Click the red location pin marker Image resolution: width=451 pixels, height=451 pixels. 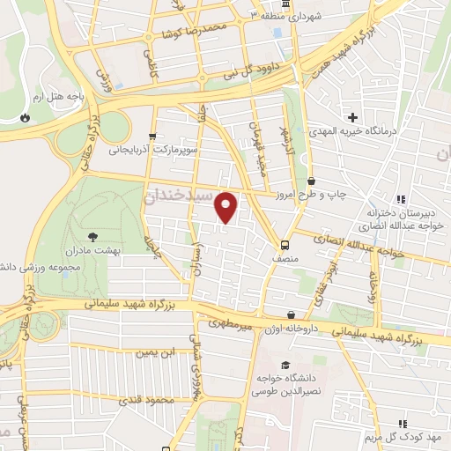tap(226, 207)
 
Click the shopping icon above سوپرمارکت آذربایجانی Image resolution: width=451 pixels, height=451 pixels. tap(153, 136)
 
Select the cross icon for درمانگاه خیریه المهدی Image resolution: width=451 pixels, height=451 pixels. tap(352, 117)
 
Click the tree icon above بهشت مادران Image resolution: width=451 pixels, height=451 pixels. tap(92, 235)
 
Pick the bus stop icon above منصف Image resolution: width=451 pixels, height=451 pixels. tap(285, 245)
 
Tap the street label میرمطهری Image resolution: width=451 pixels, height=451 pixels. tap(231, 324)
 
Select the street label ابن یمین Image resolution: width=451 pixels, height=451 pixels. tap(152, 352)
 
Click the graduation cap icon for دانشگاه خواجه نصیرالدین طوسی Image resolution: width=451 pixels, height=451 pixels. tap(285, 366)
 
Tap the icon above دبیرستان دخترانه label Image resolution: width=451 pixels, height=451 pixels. tap(400, 199)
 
